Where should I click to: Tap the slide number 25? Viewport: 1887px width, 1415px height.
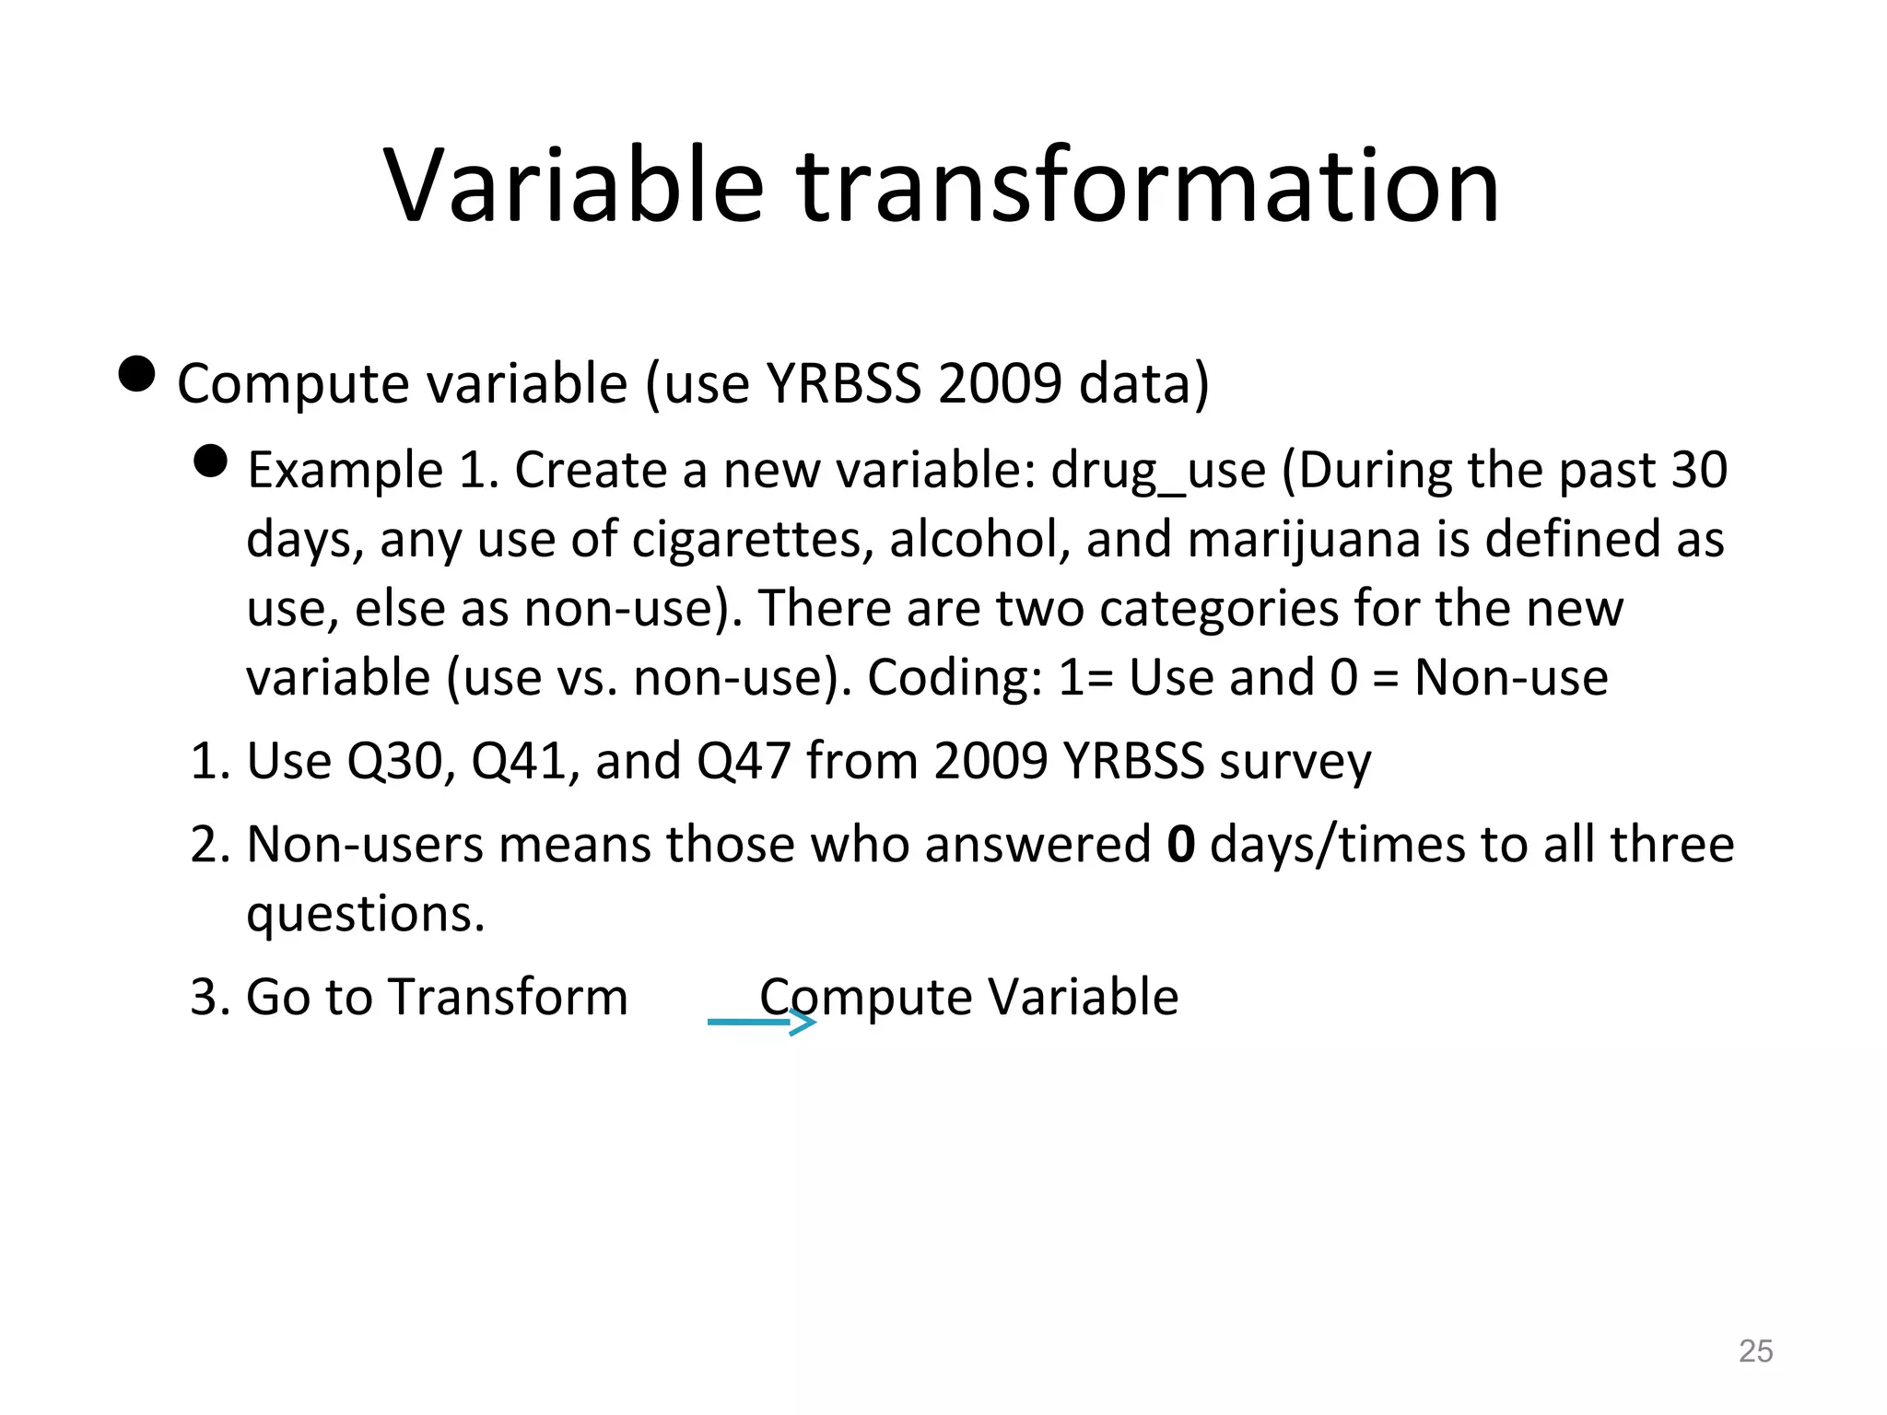(x=1755, y=1351)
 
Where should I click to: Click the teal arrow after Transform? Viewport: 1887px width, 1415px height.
(x=761, y=1022)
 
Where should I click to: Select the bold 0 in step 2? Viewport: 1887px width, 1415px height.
(x=1180, y=844)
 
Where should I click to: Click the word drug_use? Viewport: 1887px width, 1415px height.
(x=1158, y=471)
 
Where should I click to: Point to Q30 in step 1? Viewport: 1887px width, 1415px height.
(x=400, y=762)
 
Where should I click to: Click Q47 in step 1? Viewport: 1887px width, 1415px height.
(x=743, y=762)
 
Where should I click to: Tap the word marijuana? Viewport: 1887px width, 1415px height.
(x=1304, y=540)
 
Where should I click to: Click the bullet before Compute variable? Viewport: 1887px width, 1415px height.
(x=137, y=374)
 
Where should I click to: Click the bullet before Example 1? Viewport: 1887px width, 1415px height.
(x=211, y=462)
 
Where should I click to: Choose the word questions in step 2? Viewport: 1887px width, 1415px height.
(x=365, y=915)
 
